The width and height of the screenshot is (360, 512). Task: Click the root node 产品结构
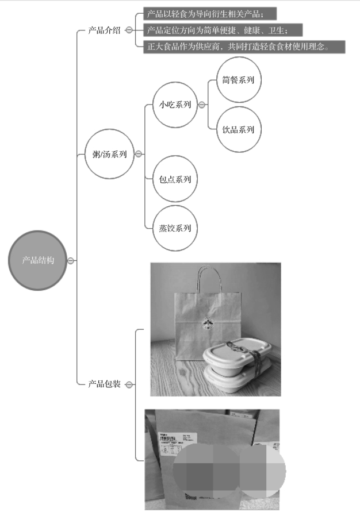coord(39,260)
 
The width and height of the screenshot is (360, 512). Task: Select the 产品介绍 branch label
coord(104,30)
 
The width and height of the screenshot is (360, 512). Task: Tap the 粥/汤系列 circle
coord(109,154)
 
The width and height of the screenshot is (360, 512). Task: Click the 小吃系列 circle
coord(175,105)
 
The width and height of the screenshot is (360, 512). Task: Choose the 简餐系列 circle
coord(238,80)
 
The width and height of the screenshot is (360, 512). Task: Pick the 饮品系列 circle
coord(238,129)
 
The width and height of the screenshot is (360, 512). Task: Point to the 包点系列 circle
coord(175,179)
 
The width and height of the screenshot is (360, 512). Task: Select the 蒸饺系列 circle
coord(175,228)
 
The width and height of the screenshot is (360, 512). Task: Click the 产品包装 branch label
coord(104,384)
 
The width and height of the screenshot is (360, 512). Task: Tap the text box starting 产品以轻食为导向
coord(210,13)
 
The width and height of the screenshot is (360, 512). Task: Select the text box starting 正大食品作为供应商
coord(244,47)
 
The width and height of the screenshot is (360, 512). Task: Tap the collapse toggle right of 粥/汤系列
coord(139,154)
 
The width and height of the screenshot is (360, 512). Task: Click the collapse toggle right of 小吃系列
coord(201,105)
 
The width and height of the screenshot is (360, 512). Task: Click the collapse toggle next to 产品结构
coord(71,260)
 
